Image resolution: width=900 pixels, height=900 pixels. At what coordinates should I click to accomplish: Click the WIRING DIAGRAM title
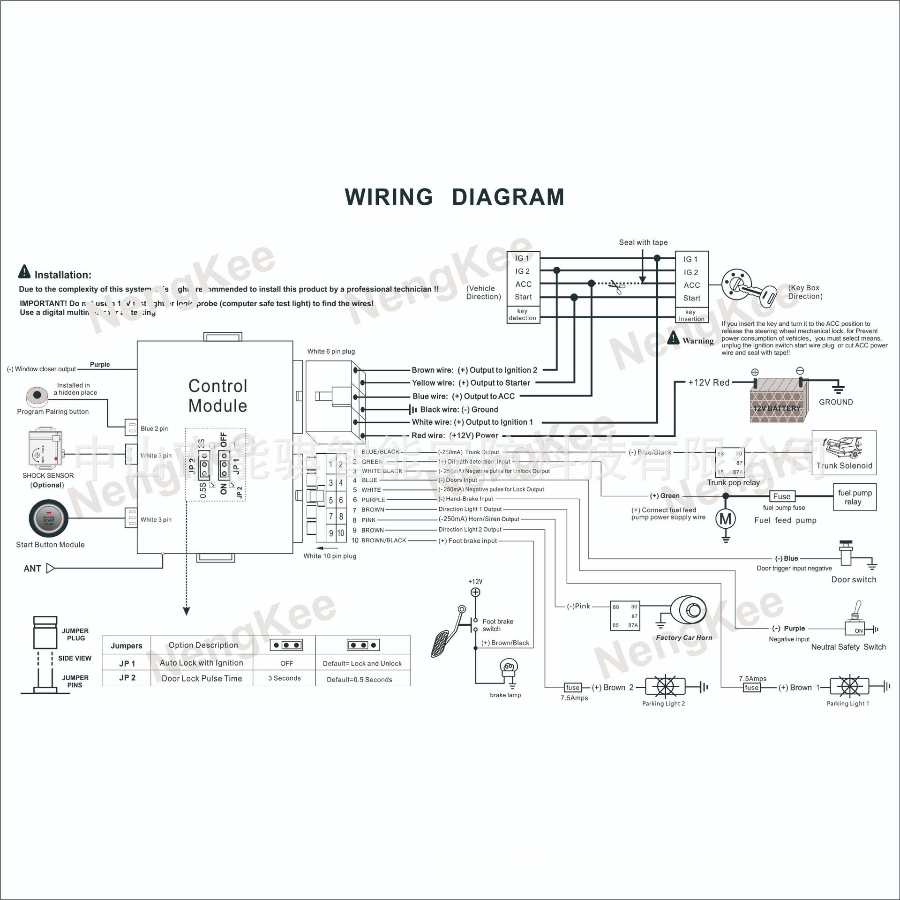[x=454, y=197]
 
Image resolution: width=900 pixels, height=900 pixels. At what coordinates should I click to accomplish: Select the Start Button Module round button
[x=49, y=518]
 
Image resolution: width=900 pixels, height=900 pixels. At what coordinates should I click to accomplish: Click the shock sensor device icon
[x=45, y=447]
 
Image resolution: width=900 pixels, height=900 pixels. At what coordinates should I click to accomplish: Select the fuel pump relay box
[x=855, y=497]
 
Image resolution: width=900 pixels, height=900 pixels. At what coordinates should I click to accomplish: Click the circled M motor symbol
[x=725, y=519]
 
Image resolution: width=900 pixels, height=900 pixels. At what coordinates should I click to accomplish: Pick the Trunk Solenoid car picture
[x=844, y=448]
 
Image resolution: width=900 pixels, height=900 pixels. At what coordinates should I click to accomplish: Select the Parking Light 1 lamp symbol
[x=849, y=687]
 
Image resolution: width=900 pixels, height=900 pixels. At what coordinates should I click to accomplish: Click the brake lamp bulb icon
[x=509, y=667]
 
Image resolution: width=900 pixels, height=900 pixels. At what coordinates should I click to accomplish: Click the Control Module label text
[x=217, y=396]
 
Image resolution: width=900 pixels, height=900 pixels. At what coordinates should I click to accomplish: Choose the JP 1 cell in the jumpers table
[x=127, y=663]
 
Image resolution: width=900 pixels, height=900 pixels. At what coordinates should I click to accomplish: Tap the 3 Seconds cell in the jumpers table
[x=284, y=678]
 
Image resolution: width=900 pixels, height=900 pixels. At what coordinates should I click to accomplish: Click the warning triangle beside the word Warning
[x=673, y=337]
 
